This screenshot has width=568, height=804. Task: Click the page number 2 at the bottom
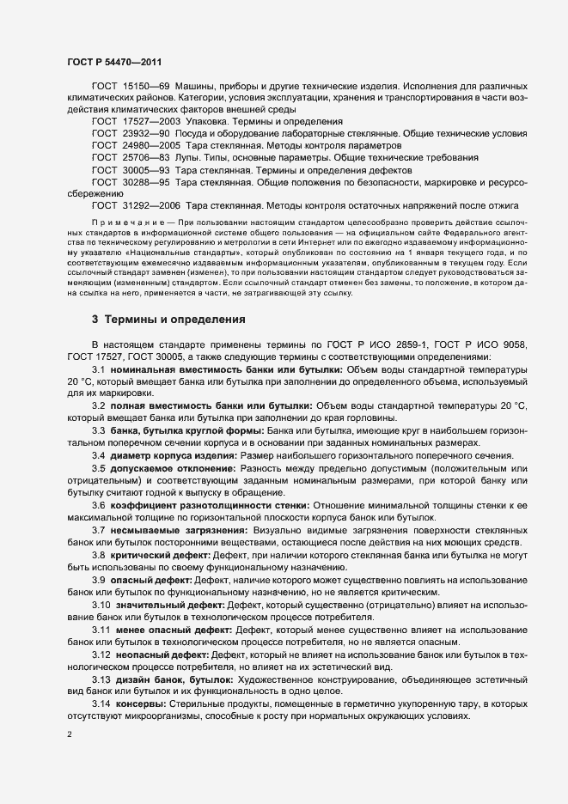69,735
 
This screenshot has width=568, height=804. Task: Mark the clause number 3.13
101,680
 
